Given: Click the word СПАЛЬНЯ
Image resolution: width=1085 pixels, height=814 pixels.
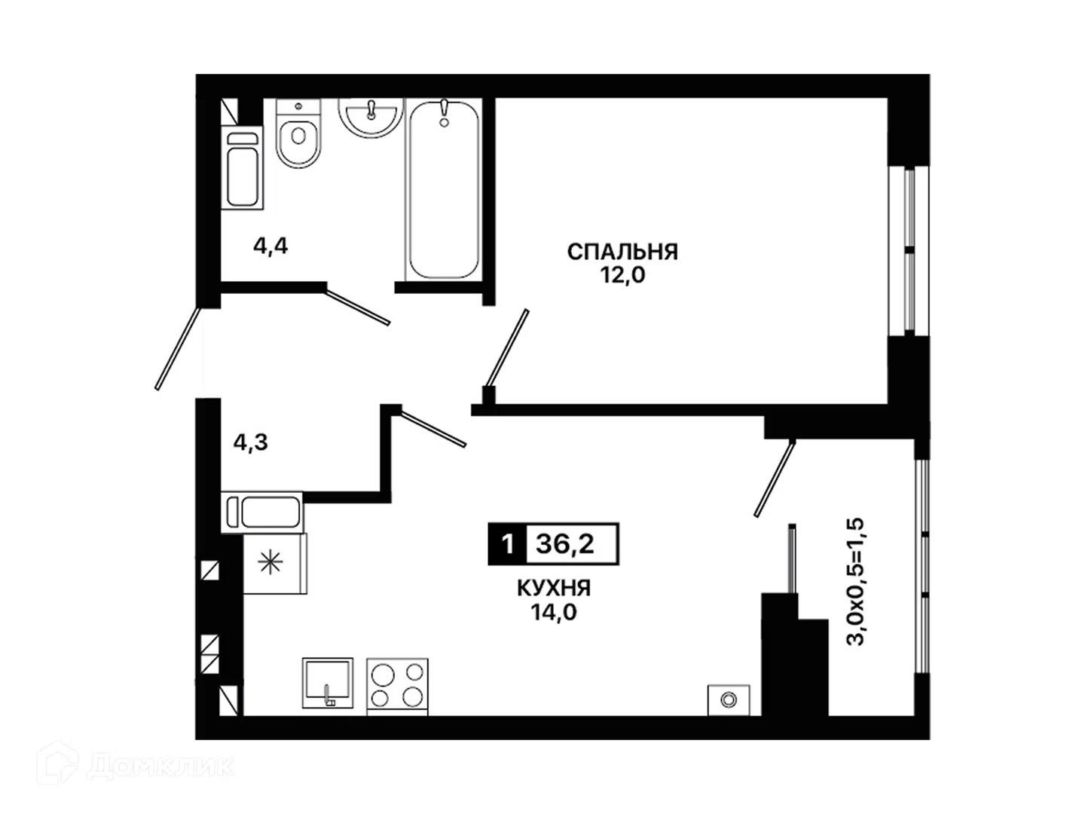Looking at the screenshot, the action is pyautogui.click(x=622, y=252).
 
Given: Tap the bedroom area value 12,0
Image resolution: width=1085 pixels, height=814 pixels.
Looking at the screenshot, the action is pyautogui.click(x=623, y=276).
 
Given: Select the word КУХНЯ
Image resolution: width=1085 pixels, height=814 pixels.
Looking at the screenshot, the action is pyautogui.click(x=554, y=589).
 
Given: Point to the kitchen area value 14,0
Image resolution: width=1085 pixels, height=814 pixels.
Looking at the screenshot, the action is pyautogui.click(x=554, y=613).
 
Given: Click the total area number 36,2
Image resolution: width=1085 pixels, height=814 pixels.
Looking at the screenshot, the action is pyautogui.click(x=565, y=544).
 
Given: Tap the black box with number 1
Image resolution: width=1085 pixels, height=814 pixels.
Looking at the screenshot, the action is pyautogui.click(x=507, y=544).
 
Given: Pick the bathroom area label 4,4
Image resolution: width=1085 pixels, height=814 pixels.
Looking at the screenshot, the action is pyautogui.click(x=270, y=246).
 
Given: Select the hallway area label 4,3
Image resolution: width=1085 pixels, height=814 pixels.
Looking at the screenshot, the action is pyautogui.click(x=251, y=442).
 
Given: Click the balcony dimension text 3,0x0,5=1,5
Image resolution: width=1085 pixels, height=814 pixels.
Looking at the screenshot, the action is pyautogui.click(x=856, y=581).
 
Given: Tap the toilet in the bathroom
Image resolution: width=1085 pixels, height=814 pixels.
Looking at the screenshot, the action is pyautogui.click(x=298, y=133).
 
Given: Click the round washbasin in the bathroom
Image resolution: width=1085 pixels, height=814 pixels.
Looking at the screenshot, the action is pyautogui.click(x=371, y=117).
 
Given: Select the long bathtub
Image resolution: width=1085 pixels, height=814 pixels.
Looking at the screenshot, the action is pyautogui.click(x=443, y=190).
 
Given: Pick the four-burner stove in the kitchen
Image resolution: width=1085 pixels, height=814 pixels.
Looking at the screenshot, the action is pyautogui.click(x=397, y=686).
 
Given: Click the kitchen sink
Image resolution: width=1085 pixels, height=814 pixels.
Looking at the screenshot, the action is pyautogui.click(x=328, y=683).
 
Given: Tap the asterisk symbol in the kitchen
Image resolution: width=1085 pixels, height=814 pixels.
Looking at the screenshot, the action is pyautogui.click(x=270, y=564).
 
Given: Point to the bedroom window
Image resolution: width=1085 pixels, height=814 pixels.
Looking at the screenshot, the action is pyautogui.click(x=909, y=251).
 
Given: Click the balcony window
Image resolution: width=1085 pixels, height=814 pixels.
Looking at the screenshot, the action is pyautogui.click(x=922, y=566).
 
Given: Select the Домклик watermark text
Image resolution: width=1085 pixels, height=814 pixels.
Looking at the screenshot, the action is pyautogui.click(x=163, y=767).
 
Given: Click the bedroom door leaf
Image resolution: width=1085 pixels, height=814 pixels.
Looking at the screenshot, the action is pyautogui.click(x=506, y=348).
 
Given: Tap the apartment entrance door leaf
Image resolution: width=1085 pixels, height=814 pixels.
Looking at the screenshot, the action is pyautogui.click(x=178, y=349).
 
